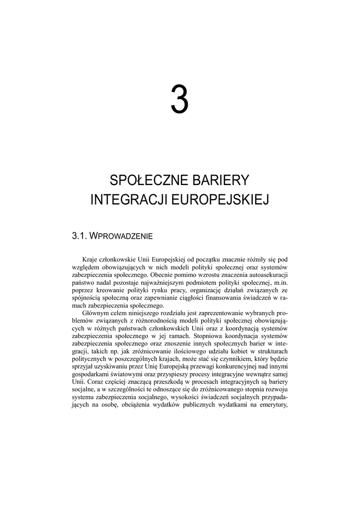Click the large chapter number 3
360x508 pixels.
coord(180,99)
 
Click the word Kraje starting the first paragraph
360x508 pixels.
coord(91,259)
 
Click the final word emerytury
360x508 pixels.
coord(273,410)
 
